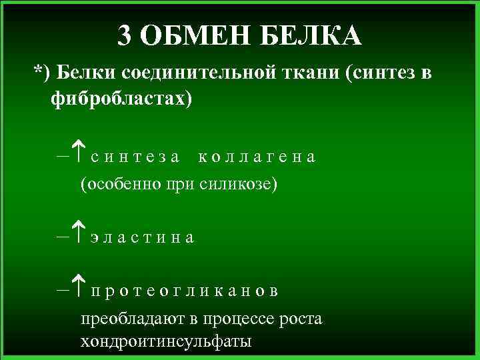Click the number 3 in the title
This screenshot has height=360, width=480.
(125, 35)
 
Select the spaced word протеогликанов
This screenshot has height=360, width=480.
(185, 291)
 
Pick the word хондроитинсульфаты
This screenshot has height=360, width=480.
(166, 343)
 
